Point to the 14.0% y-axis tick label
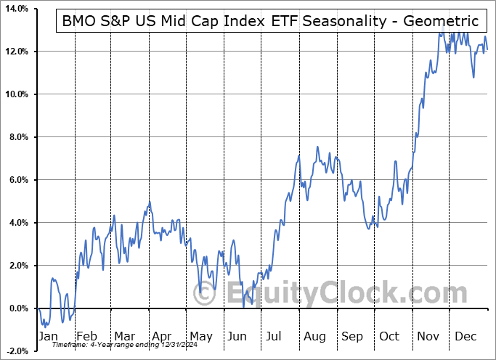point(15,9)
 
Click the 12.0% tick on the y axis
point(15,52)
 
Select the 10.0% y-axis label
point(15,94)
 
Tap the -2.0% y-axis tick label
point(15,351)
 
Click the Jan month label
point(48,337)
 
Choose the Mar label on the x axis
point(124,337)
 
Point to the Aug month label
point(314,337)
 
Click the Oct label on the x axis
point(390,337)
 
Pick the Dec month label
point(465,337)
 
